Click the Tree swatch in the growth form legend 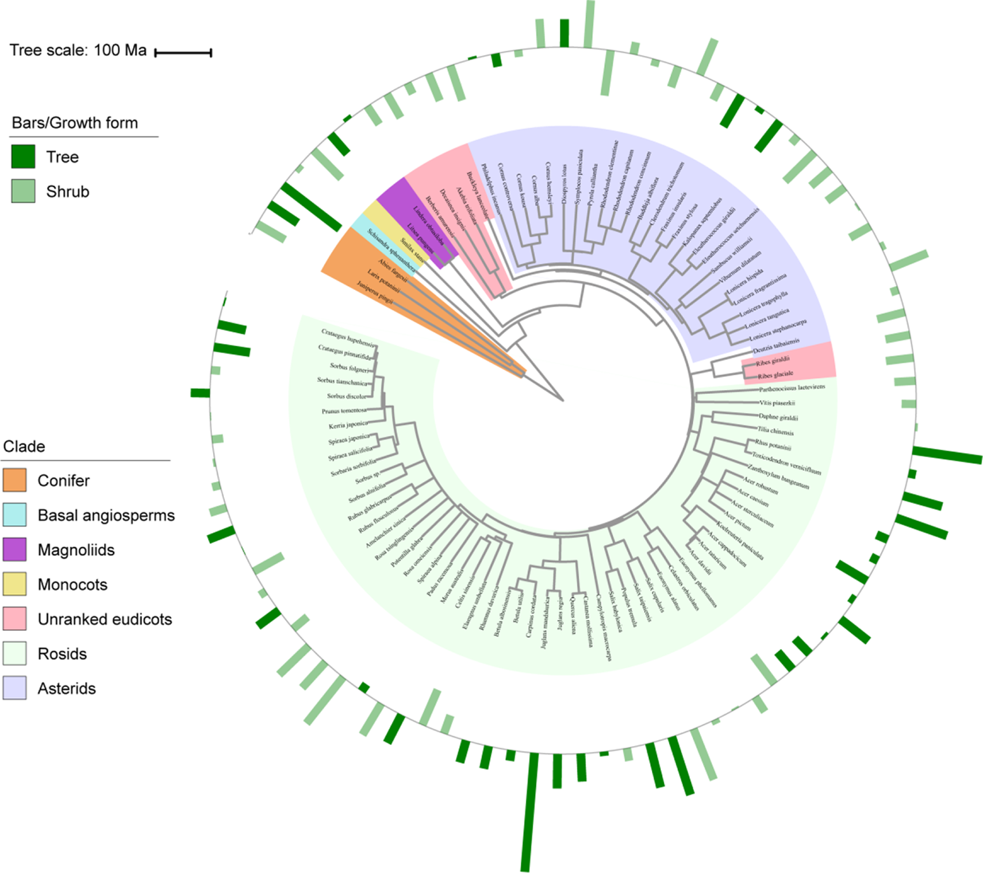(23, 157)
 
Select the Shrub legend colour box (23, 191)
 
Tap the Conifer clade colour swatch (15, 480)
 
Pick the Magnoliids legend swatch (15, 549)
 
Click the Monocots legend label (72, 584)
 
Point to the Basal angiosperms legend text (106, 515)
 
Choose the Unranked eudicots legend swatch (15, 619)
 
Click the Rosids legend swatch (15, 653)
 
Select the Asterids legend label (67, 688)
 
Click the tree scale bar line (183, 53)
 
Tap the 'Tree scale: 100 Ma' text (78, 50)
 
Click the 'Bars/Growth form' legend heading (75, 122)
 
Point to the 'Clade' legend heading (24, 446)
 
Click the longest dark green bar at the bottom (529, 812)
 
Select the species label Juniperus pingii (374, 293)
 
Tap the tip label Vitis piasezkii (777, 403)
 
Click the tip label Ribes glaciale (775, 375)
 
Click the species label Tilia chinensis (775, 431)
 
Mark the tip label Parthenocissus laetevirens (792, 387)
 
